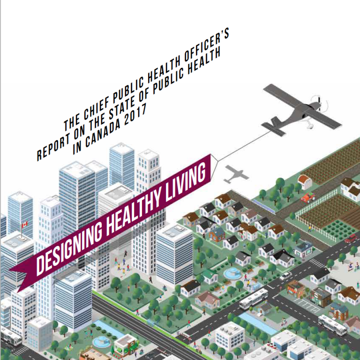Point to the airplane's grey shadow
[x=236, y=174]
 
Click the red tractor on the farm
[x=307, y=197]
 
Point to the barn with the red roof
[x=305, y=181]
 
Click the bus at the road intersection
[x=253, y=298]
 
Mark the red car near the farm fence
[x=351, y=239]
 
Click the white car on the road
[x=285, y=276]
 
